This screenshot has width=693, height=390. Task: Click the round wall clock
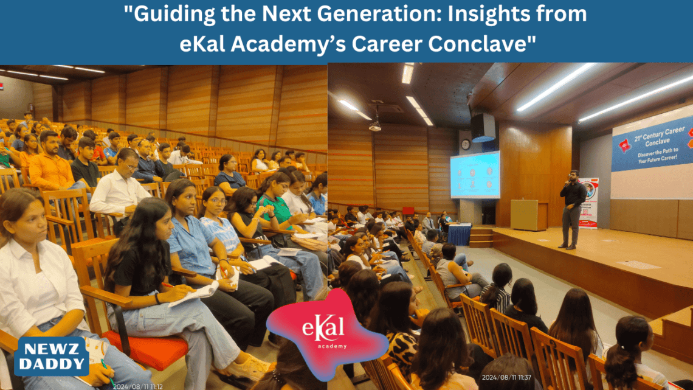[466, 144]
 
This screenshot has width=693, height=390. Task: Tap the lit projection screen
[475, 175]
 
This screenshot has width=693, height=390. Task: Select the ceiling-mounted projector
[375, 126]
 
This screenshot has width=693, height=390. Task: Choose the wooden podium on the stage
[524, 215]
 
